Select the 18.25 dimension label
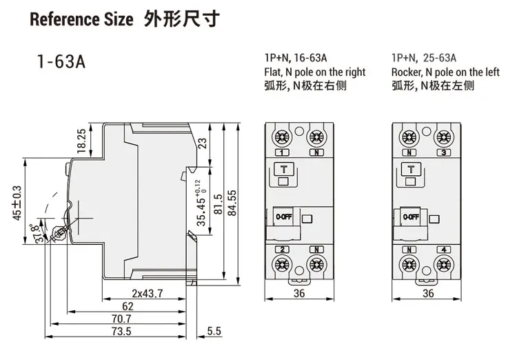point(81,141)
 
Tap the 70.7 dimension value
point(121,319)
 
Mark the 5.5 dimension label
point(214,332)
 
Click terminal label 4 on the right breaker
point(443,249)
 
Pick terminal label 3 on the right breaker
point(443,152)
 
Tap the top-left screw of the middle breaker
point(282,136)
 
